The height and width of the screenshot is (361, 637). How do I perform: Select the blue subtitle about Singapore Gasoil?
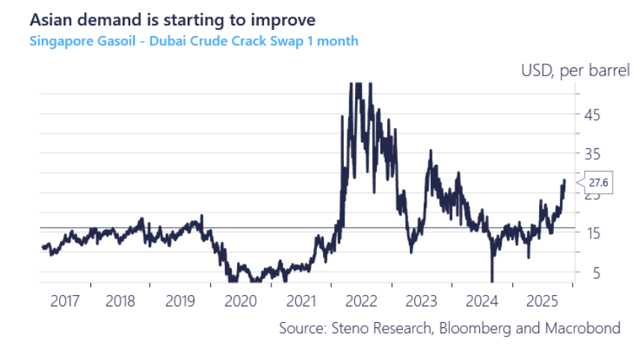(194, 40)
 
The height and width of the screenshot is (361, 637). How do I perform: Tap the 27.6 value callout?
(597, 182)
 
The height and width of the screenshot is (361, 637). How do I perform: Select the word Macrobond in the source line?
(583, 328)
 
